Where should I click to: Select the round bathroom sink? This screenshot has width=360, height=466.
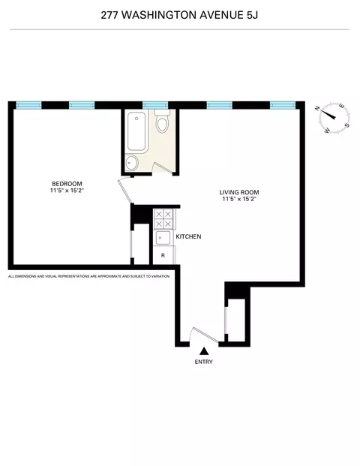click(133, 163)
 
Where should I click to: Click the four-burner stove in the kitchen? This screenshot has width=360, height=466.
click(163, 218)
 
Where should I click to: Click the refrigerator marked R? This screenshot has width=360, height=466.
click(163, 255)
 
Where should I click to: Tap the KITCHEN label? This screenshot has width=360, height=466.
click(188, 237)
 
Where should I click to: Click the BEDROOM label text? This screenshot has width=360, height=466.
click(67, 184)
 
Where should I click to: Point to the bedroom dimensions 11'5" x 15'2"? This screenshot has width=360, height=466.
click(67, 191)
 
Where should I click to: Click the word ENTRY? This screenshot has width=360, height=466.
click(203, 362)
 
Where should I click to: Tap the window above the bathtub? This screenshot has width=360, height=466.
click(154, 104)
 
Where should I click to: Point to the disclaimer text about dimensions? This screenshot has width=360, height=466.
click(88, 276)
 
